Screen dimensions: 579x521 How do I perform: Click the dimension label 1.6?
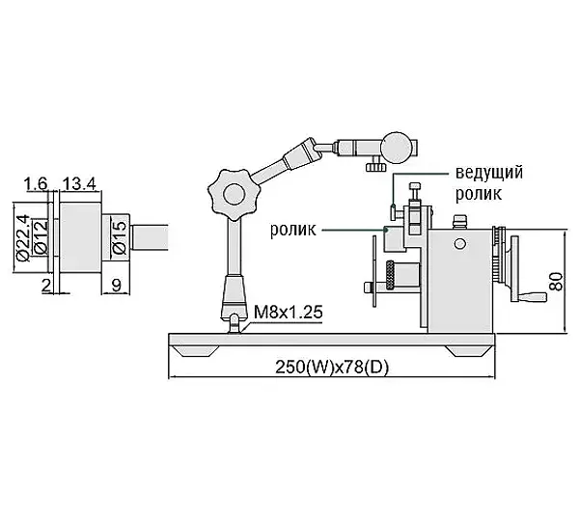click(36, 183)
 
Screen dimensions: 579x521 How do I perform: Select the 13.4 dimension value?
click(79, 183)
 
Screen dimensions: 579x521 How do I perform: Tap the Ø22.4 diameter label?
click(23, 237)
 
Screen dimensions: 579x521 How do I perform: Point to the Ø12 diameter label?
click(41, 237)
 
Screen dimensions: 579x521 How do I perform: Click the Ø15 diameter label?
click(120, 237)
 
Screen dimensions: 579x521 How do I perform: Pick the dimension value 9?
click(117, 285)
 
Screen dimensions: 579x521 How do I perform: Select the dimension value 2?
click(46, 285)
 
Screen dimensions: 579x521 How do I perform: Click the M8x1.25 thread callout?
click(289, 313)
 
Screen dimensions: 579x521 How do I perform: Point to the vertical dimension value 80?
click(556, 282)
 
